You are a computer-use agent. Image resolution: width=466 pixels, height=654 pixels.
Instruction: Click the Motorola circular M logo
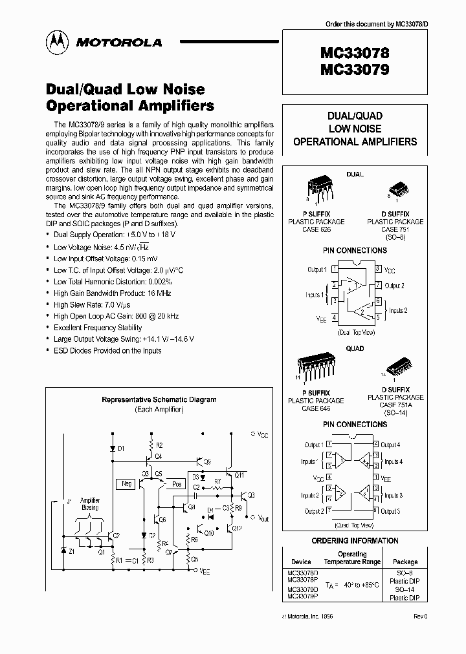56,43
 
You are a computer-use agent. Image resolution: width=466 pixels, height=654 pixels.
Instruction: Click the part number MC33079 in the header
353,70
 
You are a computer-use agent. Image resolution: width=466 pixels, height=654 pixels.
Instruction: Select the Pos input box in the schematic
176,483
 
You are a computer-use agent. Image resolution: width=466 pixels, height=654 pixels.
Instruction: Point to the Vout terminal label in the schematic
262,518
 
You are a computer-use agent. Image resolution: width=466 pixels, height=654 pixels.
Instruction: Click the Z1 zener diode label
71,552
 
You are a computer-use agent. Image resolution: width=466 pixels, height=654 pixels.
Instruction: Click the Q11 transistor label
239,474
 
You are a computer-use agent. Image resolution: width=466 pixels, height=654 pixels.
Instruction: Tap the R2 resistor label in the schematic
159,445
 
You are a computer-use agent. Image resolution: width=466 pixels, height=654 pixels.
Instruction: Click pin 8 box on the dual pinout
377,269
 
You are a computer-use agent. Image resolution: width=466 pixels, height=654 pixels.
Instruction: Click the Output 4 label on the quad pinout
390,445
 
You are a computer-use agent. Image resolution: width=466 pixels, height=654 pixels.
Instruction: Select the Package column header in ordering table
405,562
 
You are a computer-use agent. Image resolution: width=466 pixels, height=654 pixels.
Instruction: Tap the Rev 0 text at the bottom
421,616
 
